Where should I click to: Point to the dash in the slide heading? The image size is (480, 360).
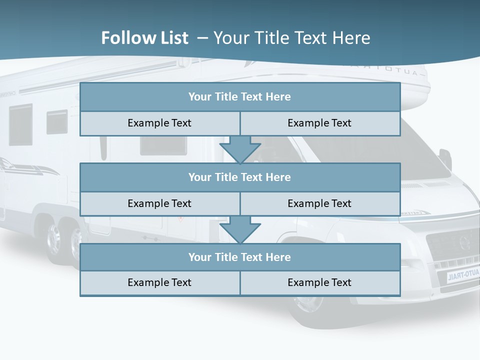coord(202,38)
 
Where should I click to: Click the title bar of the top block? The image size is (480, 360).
coord(240,97)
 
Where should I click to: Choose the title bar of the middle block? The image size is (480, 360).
coord(240,177)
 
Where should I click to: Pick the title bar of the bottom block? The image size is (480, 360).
coord(240,257)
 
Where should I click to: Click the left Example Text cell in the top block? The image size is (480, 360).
coord(159,123)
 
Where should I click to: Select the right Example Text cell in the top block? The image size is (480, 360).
coord(320,123)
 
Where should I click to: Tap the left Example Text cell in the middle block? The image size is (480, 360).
coord(159,203)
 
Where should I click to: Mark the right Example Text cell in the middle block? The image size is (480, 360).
coord(320,203)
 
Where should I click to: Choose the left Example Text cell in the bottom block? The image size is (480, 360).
coord(159,282)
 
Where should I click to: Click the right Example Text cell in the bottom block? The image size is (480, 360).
coord(320,282)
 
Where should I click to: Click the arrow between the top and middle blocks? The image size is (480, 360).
coord(240,150)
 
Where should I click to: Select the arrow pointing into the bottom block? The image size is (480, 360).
coord(240,230)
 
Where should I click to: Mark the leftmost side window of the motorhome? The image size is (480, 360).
coord(20,125)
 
